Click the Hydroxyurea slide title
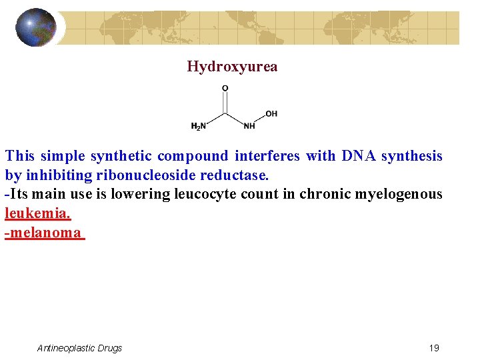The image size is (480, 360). [x=232, y=67]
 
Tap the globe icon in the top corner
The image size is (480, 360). [x=36, y=27]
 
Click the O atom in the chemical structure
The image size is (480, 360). [x=225, y=88]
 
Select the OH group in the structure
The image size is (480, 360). [x=271, y=114]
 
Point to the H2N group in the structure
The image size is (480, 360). [x=198, y=126]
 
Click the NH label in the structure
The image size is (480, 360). [x=249, y=126]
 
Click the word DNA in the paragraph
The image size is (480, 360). [x=359, y=156]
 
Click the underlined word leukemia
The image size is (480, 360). [x=37, y=214]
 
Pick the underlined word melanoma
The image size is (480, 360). [x=45, y=233]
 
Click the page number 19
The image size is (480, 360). [x=434, y=348]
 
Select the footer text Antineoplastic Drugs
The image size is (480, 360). [x=79, y=348]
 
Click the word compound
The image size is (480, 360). [x=191, y=156]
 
